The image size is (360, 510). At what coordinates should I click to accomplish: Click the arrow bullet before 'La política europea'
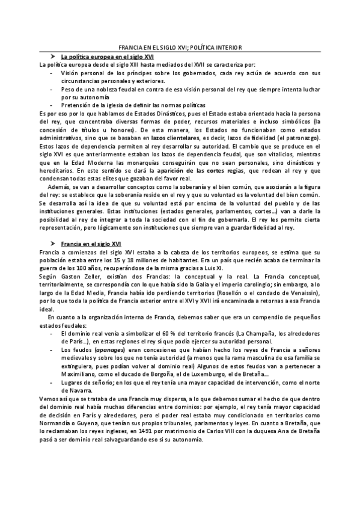click(x=53, y=55)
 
